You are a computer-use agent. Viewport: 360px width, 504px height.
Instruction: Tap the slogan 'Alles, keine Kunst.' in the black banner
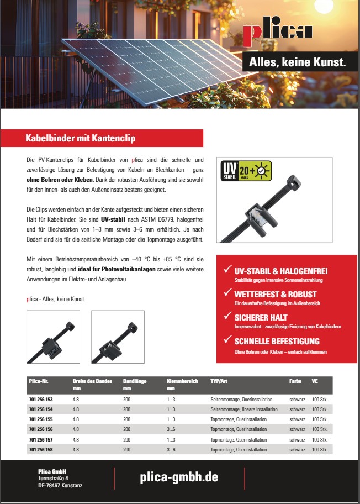[x=297, y=62]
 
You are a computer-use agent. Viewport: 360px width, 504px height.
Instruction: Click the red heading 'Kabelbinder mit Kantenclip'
[x=81, y=138]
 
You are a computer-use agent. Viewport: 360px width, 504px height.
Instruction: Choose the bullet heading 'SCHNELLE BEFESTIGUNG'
[x=277, y=341]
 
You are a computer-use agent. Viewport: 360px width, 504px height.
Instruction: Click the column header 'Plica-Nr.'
[x=39, y=381]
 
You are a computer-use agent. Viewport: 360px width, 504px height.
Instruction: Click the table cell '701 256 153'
[x=41, y=398]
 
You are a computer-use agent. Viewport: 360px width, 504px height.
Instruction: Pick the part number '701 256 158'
[x=41, y=450]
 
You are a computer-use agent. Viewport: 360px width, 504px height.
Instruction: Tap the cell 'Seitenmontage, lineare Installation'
[x=243, y=409]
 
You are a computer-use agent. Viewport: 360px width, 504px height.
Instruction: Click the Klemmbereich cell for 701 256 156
[x=171, y=429]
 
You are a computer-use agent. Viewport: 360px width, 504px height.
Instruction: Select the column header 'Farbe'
[x=295, y=381]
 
